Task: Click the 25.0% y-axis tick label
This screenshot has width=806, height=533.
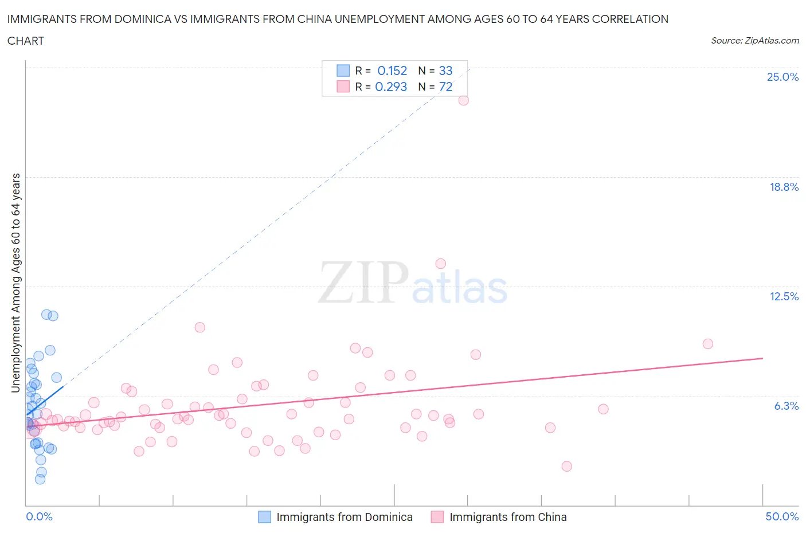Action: point(782,77)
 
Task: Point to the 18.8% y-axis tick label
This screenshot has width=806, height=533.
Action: point(784,187)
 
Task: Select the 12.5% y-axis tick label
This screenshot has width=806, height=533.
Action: point(784,296)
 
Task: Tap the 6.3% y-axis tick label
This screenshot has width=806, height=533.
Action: point(786,406)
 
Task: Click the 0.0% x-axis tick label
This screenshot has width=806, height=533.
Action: point(39,516)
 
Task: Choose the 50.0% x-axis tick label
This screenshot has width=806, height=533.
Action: point(782,516)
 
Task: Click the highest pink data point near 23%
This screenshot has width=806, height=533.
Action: point(463,100)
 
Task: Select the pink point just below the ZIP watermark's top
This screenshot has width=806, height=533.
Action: point(440,264)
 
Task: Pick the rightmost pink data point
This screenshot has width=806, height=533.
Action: point(707,344)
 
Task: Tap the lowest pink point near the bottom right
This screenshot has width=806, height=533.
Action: point(566,466)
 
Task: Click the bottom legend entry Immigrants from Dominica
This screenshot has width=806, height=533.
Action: point(344,517)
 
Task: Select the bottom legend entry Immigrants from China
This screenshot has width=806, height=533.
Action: point(507,517)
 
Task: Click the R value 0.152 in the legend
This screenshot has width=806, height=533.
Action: point(392,70)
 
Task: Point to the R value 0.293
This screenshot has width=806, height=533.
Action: point(391,87)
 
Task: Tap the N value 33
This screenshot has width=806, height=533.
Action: point(445,70)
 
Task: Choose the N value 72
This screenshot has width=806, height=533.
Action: point(445,87)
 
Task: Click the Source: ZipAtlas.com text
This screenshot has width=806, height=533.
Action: point(754,40)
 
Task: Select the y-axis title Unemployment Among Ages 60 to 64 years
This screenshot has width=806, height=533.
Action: point(15,283)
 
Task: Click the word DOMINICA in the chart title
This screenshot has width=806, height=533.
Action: point(139,19)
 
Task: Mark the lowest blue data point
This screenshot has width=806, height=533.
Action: point(40,479)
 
